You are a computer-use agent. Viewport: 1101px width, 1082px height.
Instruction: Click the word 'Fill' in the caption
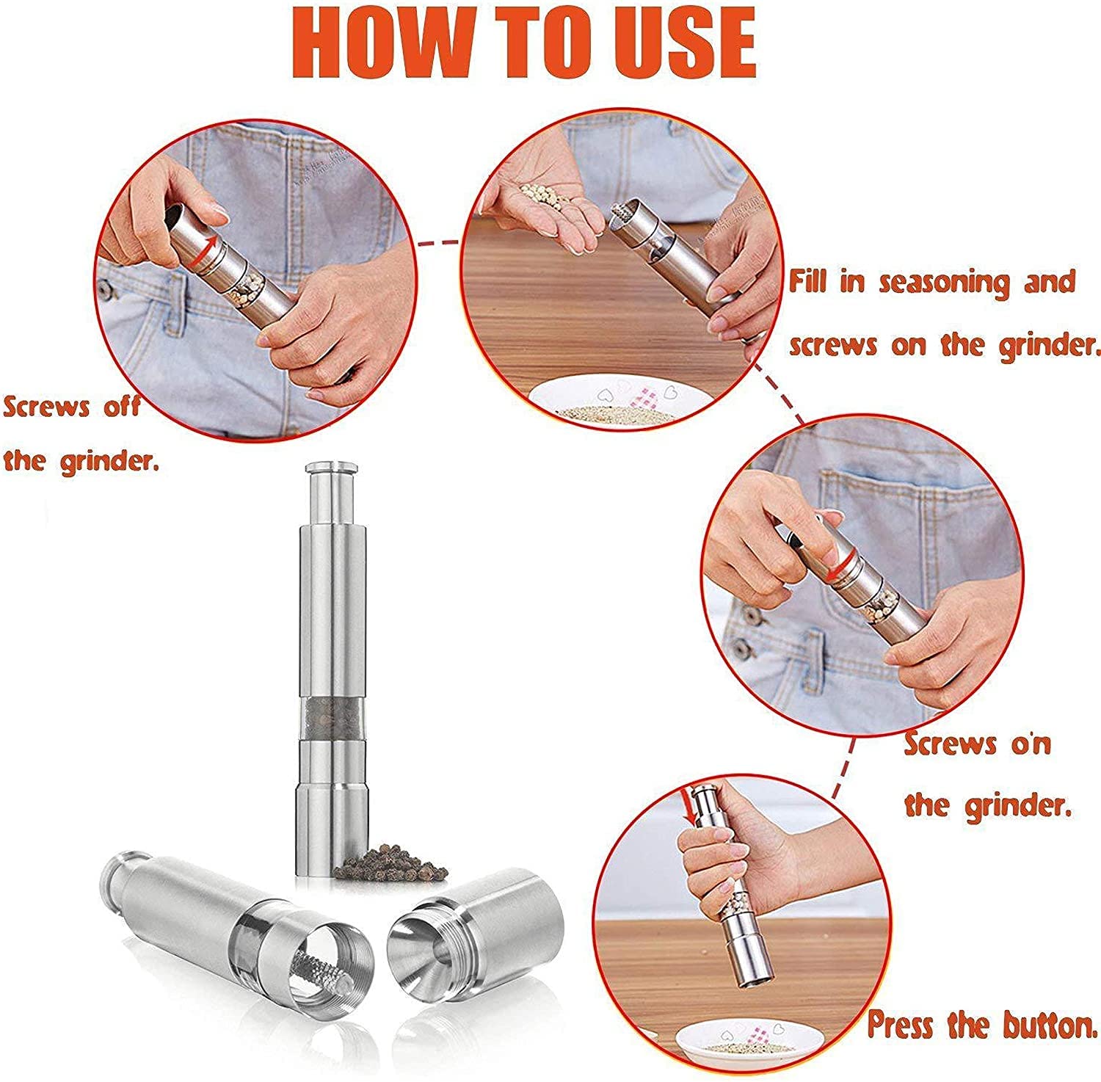(x=809, y=281)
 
